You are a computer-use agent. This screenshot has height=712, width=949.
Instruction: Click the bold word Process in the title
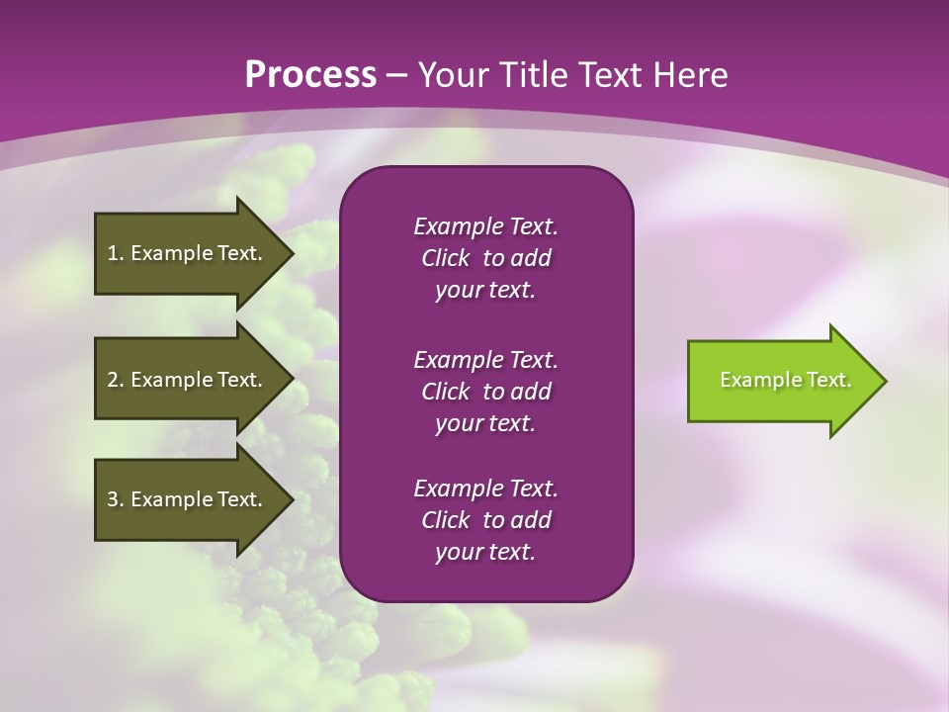pos(310,75)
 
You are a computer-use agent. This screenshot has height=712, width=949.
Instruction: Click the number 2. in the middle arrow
pos(115,380)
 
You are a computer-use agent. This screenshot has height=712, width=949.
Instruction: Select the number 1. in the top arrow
pos(115,253)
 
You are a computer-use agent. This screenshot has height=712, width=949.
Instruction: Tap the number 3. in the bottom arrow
pos(115,499)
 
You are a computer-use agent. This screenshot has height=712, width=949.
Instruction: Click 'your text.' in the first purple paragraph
pos(485,291)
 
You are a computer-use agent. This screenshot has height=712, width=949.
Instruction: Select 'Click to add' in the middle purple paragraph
pos(485,392)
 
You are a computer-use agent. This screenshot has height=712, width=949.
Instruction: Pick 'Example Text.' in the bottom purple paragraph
pos(485,488)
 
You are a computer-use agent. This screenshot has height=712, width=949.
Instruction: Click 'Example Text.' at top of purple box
pos(485,226)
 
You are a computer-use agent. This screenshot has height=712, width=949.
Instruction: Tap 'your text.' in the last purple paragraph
pos(485,552)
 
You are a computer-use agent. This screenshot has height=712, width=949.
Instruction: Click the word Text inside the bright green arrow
pos(829,380)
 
